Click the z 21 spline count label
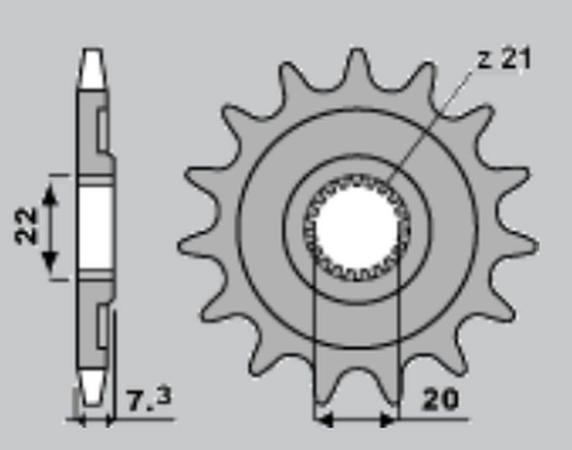(x=503, y=59)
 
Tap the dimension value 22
(x=26, y=226)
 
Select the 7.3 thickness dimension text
(x=148, y=399)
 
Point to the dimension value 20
(x=440, y=400)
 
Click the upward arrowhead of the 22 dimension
(x=51, y=194)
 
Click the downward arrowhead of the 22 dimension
(x=51, y=260)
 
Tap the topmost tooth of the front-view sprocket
(x=357, y=62)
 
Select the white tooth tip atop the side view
(x=92, y=69)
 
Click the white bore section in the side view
(x=94, y=227)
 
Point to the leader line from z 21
(x=433, y=124)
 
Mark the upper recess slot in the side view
(x=102, y=130)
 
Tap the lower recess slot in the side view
(x=102, y=325)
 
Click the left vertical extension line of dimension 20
(x=313, y=337)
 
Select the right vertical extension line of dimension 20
(x=398, y=337)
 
